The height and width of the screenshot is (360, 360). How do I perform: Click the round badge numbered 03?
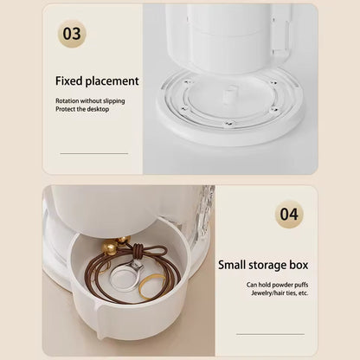click(72, 34)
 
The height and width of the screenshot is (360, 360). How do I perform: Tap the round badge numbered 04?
click(289, 215)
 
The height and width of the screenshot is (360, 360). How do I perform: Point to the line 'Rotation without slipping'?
click(90, 101)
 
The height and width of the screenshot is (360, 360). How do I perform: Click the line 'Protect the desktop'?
click(82, 109)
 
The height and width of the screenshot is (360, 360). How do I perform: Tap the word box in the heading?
click(299, 265)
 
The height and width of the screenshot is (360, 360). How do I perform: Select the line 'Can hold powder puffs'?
click(277, 285)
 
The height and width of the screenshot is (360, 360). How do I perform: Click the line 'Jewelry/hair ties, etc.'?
click(280, 293)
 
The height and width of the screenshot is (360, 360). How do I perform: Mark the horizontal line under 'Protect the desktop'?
click(94, 153)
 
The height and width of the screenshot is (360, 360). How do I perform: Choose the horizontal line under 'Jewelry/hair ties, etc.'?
click(270, 334)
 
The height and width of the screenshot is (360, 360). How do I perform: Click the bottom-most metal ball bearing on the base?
click(229, 124)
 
